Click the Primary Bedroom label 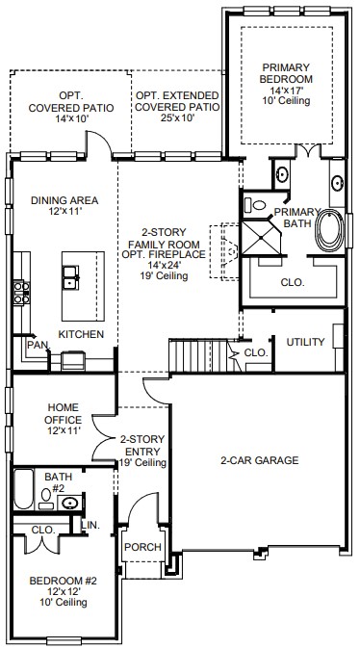pos(286,73)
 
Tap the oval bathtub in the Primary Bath pos(329,230)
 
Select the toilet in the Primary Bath pos(255,204)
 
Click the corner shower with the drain pos(261,238)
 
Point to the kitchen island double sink pos(70,277)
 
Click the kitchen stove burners pos(21,293)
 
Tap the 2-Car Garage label pos(259,460)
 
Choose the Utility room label pos(305,342)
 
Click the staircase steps pos(198,355)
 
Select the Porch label pos(143,547)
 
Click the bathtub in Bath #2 pos(23,489)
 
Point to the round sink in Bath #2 pos(70,503)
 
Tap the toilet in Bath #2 pos(45,498)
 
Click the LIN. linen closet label pos(90,525)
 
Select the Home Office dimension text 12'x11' pos(63,431)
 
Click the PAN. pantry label pos(39,344)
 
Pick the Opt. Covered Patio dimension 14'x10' pos(72,119)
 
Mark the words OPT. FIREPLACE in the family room pos(164,254)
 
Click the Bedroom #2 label pos(63,581)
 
